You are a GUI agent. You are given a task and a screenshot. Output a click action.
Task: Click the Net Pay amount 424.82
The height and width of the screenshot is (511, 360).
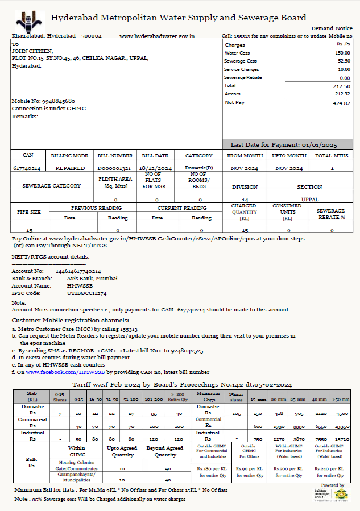click(x=341, y=103)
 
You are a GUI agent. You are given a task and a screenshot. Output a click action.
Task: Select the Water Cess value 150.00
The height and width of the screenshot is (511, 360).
click(x=342, y=53)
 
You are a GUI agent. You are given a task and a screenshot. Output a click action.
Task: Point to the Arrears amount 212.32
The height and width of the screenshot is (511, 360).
click(x=342, y=94)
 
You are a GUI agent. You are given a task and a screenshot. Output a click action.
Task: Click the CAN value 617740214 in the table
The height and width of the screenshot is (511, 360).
click(x=26, y=168)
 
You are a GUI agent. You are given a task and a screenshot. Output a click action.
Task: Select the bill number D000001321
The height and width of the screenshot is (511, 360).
click(x=114, y=168)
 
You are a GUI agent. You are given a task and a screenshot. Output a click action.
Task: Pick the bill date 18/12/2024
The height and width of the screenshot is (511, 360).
click(x=156, y=168)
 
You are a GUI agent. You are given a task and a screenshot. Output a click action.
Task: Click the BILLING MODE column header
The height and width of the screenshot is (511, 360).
click(x=69, y=155)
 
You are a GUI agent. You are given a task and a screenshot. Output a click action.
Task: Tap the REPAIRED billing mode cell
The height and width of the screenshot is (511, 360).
click(x=70, y=168)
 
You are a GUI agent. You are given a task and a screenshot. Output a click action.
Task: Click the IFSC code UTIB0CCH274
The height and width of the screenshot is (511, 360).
click(x=86, y=293)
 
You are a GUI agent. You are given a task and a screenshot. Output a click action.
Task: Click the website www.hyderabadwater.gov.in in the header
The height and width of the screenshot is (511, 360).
click(x=158, y=36)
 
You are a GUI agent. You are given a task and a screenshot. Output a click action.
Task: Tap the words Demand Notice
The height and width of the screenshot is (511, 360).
click(x=332, y=28)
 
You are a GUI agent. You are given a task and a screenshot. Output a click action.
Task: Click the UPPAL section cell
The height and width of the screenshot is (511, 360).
click(x=310, y=200)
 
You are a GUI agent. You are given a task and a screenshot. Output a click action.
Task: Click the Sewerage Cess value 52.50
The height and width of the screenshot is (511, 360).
click(x=344, y=61)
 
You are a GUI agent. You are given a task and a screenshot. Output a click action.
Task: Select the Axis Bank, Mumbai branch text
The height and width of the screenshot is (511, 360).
click(x=92, y=279)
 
